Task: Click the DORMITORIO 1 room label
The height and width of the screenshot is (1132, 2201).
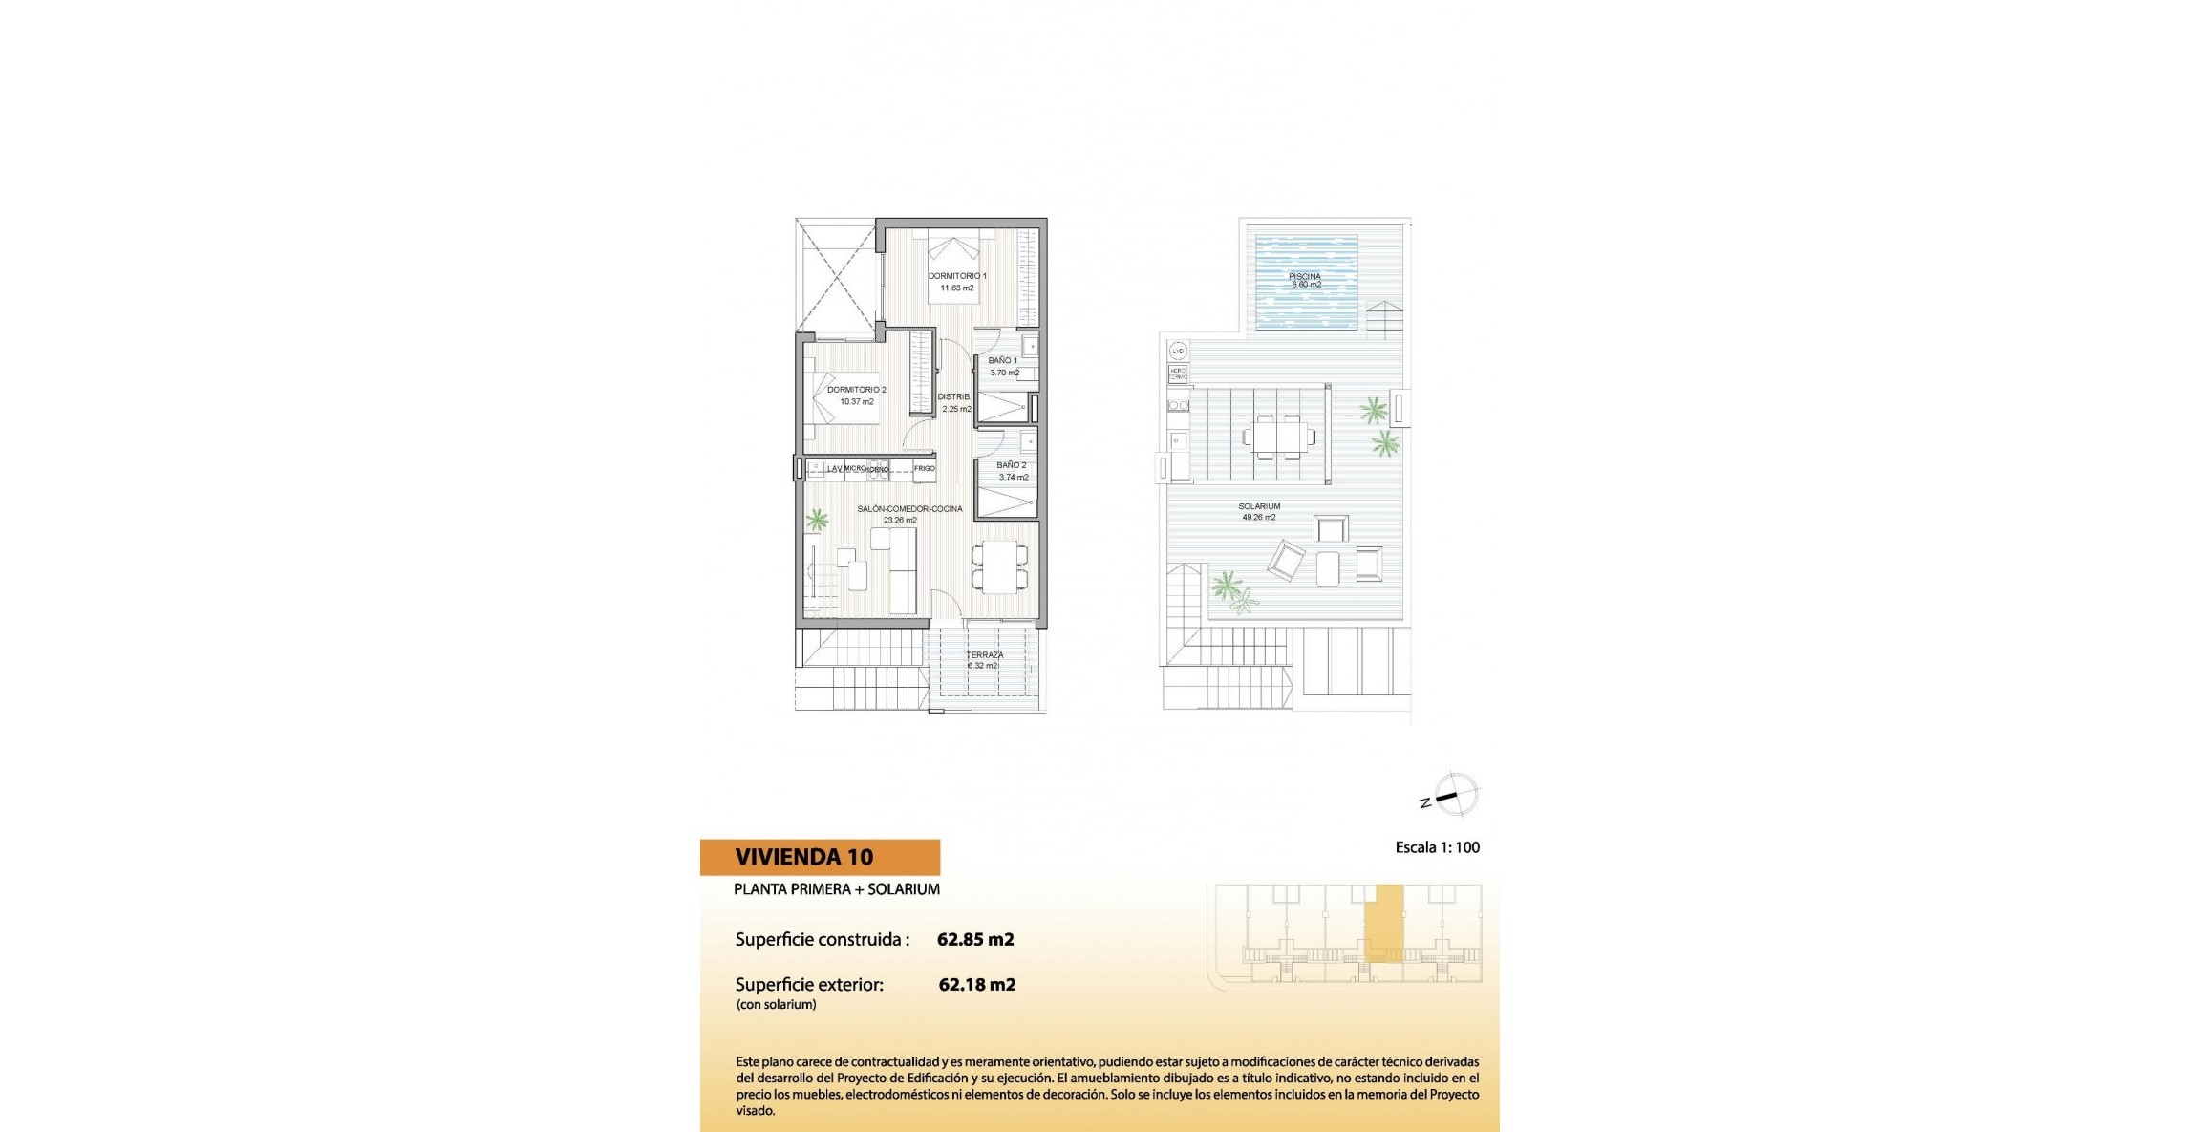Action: pos(956,276)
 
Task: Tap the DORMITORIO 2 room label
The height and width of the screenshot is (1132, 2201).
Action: pos(856,390)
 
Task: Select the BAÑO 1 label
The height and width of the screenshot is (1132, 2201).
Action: pos(1003,361)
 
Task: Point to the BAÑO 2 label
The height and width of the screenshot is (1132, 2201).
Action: pos(1012,465)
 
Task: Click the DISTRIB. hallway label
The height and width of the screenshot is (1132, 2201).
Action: pos(954,396)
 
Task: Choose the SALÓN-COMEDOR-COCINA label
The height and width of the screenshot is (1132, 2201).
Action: pos(909,509)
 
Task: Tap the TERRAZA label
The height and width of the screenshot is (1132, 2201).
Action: pos(984,655)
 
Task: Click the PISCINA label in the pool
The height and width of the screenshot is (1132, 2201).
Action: pos(1305,277)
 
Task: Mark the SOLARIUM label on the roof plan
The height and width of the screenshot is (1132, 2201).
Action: pos(1259,506)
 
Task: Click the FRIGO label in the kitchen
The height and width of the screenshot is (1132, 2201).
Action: pos(924,468)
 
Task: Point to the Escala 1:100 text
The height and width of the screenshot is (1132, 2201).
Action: pos(1437,847)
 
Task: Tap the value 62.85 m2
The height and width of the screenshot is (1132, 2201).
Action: pos(975,939)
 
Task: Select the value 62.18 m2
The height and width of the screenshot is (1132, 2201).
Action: pos(977,985)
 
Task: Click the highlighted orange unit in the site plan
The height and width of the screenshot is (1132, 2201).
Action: pos(1383,922)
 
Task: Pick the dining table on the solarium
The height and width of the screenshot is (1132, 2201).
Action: pos(1278,438)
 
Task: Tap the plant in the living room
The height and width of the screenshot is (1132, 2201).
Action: pos(817,521)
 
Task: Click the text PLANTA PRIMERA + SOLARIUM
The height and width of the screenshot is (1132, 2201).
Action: pos(837,889)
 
